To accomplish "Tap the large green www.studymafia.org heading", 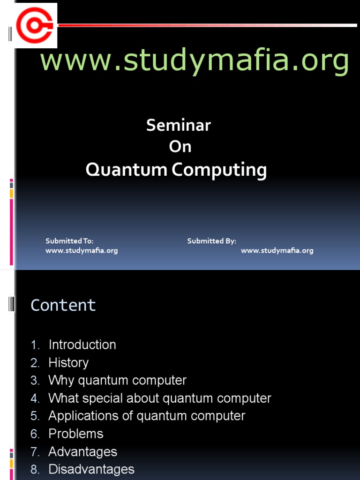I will [194, 61].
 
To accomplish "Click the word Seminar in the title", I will [179, 125].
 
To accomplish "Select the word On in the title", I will [180, 147].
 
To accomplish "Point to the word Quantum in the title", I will [126, 170].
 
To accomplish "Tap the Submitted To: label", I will [69, 241].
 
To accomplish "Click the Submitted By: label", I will [212, 241].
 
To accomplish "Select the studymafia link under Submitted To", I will [82, 251].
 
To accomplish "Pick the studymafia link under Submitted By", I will [277, 251].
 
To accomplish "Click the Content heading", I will [63, 305].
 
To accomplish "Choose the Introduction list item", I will [82, 345].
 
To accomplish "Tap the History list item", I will [68, 363].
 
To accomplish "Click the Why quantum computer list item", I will [117, 380].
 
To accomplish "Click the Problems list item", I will [76, 434].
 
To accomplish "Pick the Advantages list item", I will [82, 452].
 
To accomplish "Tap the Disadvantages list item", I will [91, 469].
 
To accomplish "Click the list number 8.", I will [35, 470].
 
